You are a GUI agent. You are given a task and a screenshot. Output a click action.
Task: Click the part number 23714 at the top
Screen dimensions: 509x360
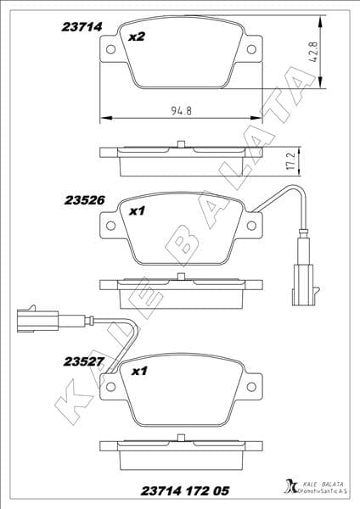82,26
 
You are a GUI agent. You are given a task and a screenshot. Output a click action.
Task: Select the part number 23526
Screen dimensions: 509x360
83,201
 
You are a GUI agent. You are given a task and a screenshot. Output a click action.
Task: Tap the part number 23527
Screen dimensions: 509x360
83,360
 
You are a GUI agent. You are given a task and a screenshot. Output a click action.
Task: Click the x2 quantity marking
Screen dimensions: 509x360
136,37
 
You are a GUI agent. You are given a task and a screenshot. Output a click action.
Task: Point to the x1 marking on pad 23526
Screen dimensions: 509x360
137,212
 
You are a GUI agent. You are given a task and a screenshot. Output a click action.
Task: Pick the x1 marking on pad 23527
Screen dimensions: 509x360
137,371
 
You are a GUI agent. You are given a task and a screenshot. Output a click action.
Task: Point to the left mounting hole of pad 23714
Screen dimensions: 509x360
111,50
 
